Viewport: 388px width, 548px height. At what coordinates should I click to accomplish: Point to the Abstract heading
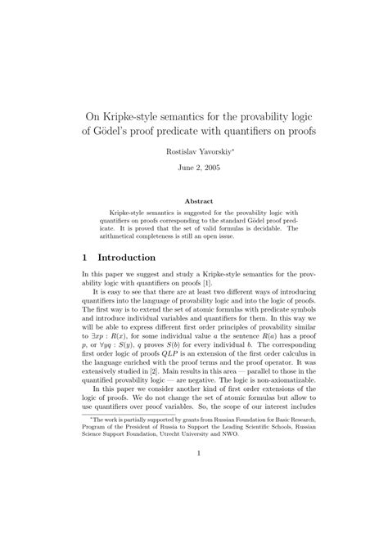pyautogui.click(x=194, y=200)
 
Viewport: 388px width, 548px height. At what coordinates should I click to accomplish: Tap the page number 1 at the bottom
pyautogui.click(x=194, y=497)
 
